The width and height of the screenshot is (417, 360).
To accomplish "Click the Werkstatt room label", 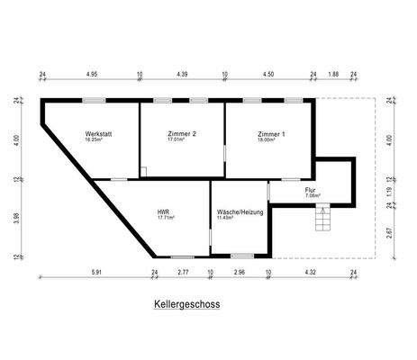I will (98, 134).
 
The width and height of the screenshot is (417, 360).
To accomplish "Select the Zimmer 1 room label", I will (271, 134).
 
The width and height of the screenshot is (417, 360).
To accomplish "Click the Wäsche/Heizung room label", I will (239, 213).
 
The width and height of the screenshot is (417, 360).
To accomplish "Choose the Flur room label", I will (310, 190).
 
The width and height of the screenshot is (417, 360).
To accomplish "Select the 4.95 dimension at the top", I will (92, 76).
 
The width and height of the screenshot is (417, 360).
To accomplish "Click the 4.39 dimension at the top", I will (183, 76).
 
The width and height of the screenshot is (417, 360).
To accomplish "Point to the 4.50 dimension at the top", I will (269, 76).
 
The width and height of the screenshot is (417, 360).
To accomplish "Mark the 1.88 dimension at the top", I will (334, 76).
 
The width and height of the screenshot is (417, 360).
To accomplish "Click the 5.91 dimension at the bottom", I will (96, 271).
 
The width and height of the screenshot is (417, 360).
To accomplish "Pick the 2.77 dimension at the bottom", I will (182, 271).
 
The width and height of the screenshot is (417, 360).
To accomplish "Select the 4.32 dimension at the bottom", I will (310, 271).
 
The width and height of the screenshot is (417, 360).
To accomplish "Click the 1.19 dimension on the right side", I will (389, 191).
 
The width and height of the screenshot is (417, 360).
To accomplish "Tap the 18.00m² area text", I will (271, 139).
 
